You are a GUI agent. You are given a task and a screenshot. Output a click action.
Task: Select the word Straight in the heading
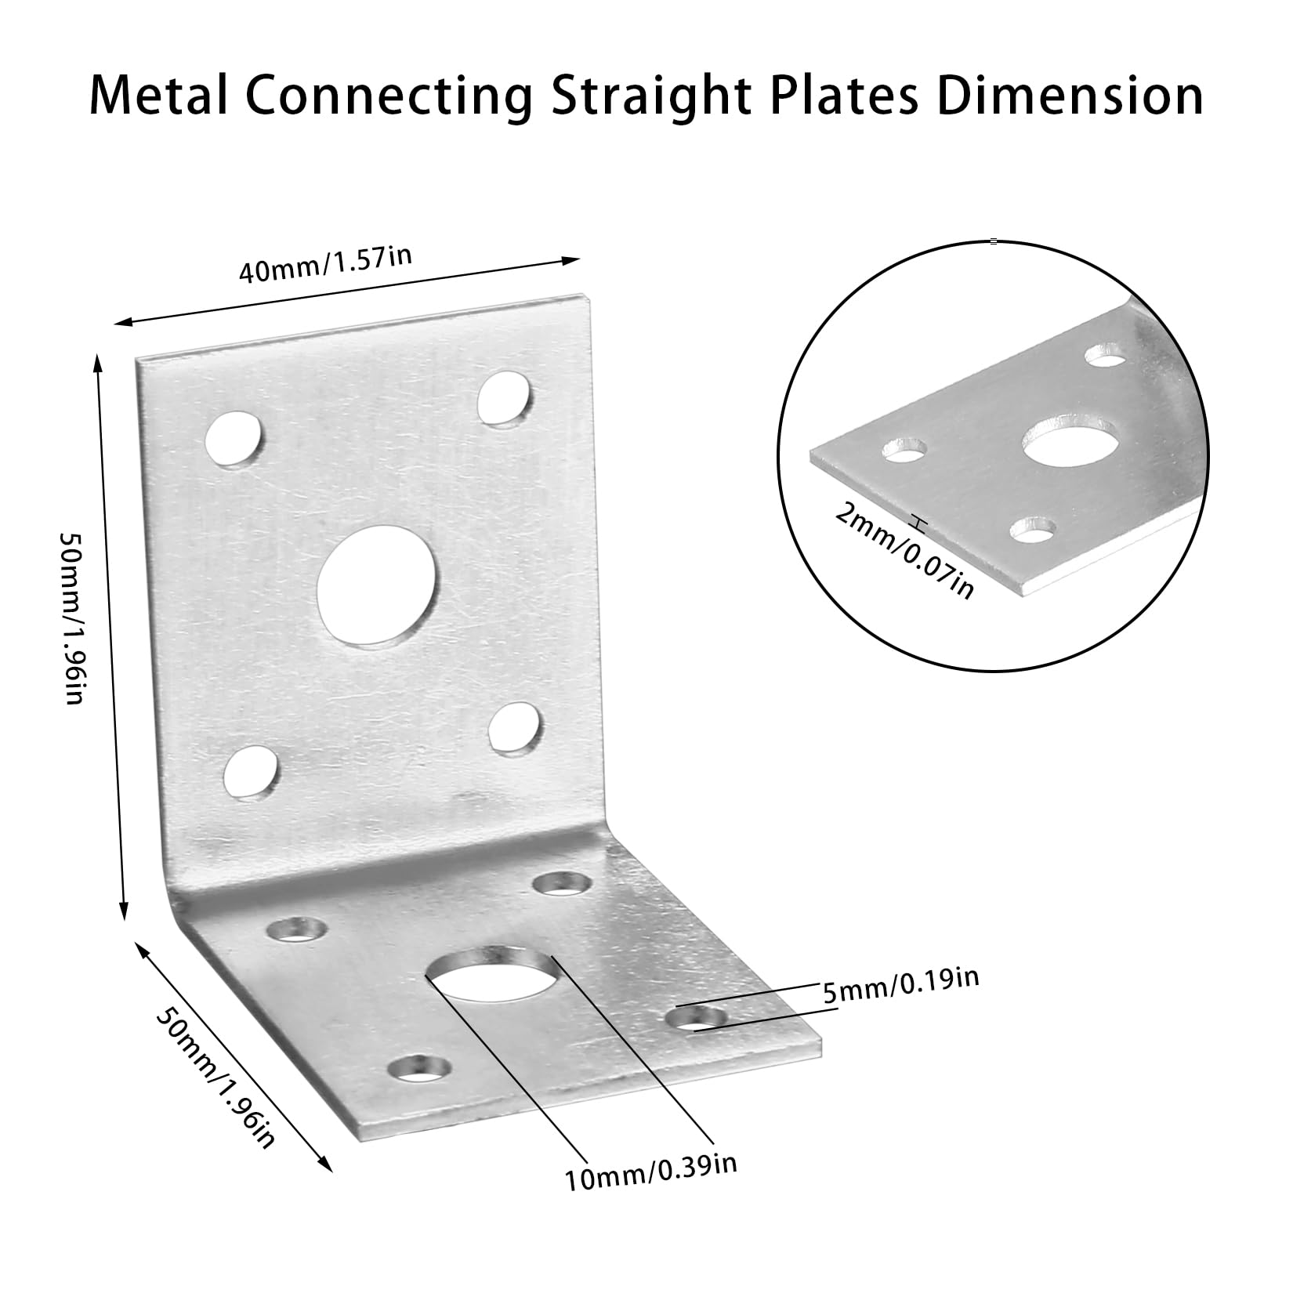[x=635, y=98]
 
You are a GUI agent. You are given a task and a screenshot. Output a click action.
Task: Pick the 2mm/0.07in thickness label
[x=905, y=550]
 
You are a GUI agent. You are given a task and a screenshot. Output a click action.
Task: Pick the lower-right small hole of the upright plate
[x=515, y=728]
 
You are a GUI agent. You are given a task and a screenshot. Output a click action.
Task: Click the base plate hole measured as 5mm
[x=696, y=1019]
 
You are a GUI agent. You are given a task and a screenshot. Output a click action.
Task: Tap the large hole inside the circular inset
[x=1071, y=442]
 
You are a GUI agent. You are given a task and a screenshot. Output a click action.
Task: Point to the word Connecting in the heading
[x=383, y=98]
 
